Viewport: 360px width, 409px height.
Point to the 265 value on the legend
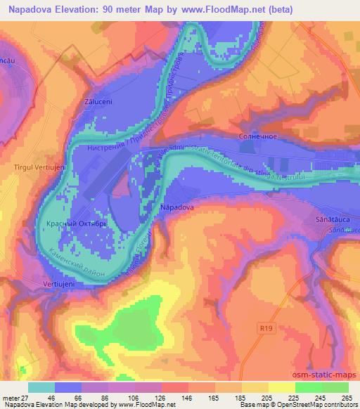click(x=347, y=398)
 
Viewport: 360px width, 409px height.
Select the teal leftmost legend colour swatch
click(x=41, y=387)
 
